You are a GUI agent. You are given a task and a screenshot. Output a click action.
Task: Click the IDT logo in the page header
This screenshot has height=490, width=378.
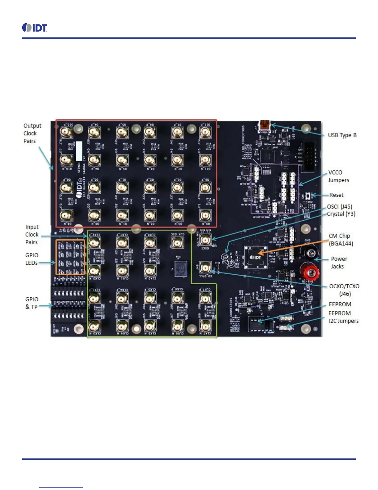pos(35,28)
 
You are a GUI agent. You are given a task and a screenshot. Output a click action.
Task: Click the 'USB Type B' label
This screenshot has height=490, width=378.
pos(342,135)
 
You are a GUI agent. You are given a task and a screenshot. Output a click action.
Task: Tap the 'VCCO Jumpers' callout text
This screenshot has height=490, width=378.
pos(338,176)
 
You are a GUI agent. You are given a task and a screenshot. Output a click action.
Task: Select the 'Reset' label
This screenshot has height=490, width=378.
pos(336,195)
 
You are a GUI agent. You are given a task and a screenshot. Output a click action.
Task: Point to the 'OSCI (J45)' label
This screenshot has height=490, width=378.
pos(340,207)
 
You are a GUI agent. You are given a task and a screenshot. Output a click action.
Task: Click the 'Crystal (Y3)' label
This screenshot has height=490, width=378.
pos(341,214)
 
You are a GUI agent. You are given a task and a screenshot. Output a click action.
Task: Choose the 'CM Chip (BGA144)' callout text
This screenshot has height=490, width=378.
pos(341,240)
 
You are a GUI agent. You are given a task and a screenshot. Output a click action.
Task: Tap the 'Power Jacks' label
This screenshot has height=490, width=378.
pos(339,263)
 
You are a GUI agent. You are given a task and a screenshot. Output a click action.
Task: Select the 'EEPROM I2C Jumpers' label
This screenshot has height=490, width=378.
pos(343,317)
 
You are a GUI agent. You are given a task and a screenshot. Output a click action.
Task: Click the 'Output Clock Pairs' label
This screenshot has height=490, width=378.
pos(32,133)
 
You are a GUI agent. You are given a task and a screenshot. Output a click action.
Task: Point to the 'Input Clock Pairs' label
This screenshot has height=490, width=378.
pos(32,234)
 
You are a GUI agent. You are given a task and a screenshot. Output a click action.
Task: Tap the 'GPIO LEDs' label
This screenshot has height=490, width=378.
pos(32,259)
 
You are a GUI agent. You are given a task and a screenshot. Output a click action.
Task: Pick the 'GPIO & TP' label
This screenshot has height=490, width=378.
pos(32,303)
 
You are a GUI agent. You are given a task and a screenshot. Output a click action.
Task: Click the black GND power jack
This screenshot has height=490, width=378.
pos(310,253)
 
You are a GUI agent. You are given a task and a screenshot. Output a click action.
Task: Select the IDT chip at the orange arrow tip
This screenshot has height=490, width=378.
pos(255,257)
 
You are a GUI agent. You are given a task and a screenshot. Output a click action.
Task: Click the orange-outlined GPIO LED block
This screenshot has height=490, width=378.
pos(70,257)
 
